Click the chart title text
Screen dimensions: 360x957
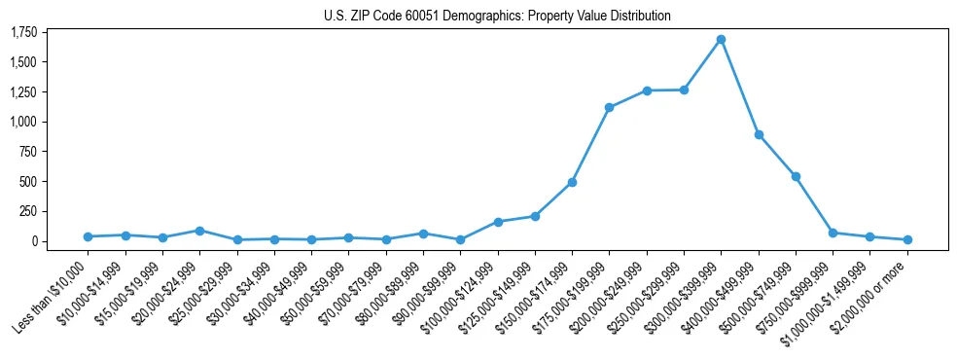497,16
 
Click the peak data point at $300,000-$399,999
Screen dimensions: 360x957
721,40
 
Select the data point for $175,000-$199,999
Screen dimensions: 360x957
609,108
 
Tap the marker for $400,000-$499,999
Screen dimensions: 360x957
759,135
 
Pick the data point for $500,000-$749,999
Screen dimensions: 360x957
796,177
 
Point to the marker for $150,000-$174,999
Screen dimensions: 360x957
572,183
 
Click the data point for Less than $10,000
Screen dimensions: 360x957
88,236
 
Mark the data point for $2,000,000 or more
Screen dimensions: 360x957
907,239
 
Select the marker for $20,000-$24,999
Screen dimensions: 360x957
199,231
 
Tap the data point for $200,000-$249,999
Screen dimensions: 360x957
647,90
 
